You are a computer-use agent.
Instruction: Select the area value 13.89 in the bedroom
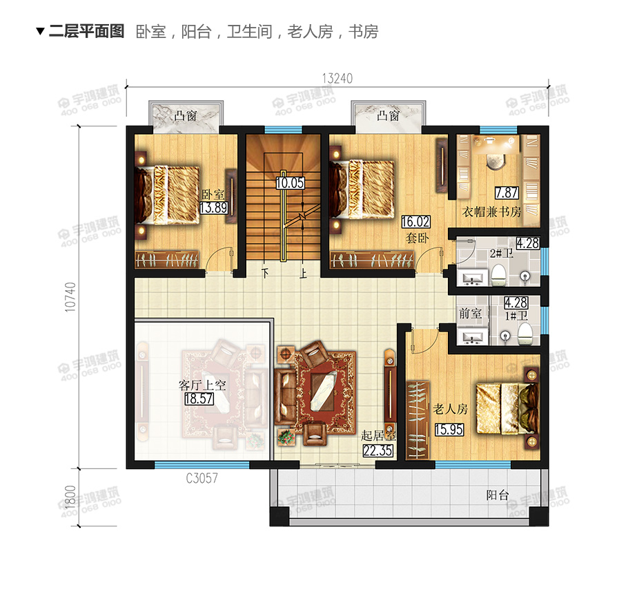[209, 207]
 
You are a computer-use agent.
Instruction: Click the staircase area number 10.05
[289, 183]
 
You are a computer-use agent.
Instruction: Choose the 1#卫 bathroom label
[516, 316]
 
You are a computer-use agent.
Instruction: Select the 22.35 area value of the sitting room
[377, 451]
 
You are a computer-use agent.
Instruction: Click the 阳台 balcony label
[497, 495]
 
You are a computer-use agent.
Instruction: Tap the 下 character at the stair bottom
[266, 273]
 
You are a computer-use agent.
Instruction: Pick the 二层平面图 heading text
[86, 31]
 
